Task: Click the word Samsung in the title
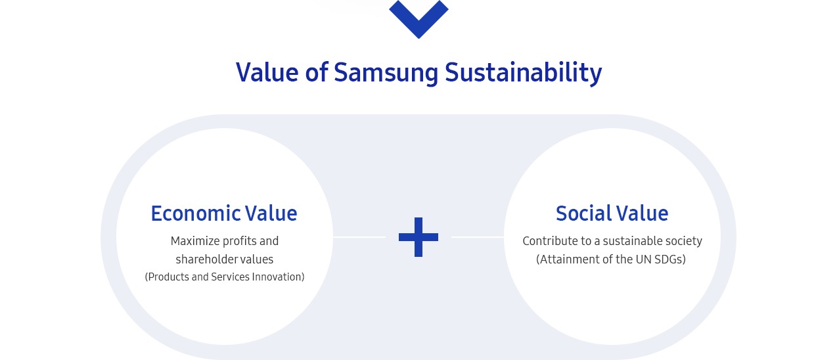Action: (386, 73)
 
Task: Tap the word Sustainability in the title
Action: (523, 73)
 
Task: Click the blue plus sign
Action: (418, 237)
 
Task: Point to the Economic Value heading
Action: (224, 214)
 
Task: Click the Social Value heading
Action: (612, 214)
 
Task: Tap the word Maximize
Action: (194, 241)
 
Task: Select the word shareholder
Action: (208, 259)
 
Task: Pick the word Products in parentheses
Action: (167, 277)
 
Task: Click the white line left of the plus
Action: (359, 237)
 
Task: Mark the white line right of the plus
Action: (478, 237)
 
